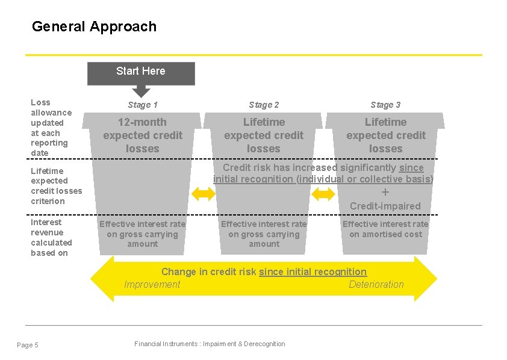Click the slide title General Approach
pos(94,26)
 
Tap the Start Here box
pos(141,72)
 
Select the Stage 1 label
pos(143,105)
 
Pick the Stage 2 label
pos(264,105)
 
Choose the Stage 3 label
pos(385,105)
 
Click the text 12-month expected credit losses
pos(143,135)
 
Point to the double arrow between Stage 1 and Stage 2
pos(203,194)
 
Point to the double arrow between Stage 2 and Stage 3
pos(324,194)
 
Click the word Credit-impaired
pos(385,206)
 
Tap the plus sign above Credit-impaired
pos(385,193)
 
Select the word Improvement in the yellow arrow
pos(152,285)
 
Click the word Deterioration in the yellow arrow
pos(376,285)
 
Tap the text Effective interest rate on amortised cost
pos(385,229)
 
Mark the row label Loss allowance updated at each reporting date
pos(51,128)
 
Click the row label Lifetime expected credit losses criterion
pos(56,186)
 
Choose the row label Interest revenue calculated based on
pos(51,238)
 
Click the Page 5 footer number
pos(28,345)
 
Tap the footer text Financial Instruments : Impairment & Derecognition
pos(210,344)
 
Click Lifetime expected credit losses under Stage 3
pos(385,135)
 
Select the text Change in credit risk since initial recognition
pos(264,272)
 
